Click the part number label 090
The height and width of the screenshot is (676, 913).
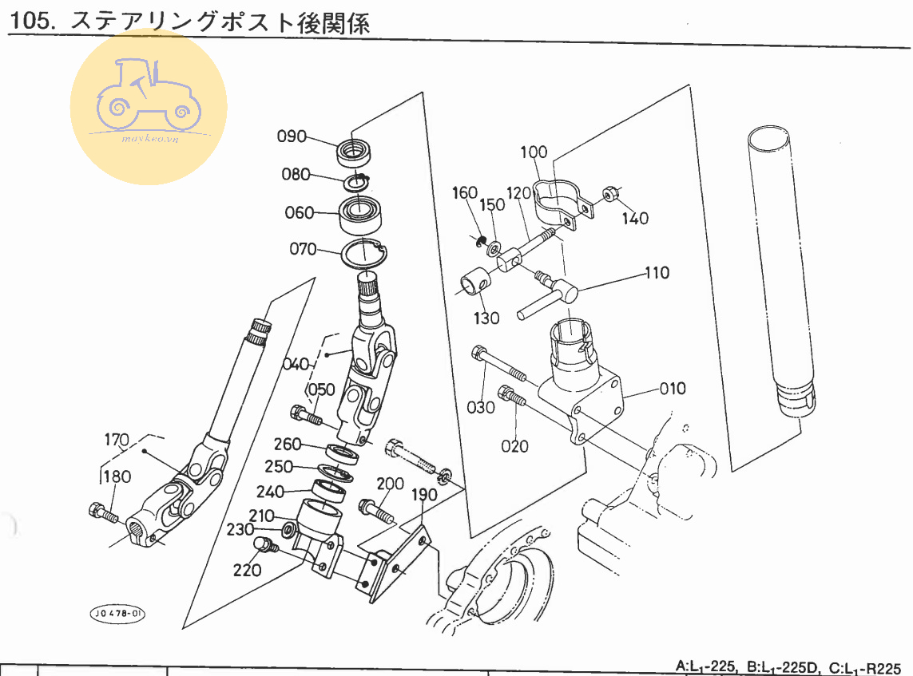292,136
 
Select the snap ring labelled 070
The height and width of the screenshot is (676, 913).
364,255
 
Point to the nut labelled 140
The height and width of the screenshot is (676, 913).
609,195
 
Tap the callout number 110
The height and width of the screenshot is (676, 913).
658,274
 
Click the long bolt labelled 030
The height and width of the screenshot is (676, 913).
499,365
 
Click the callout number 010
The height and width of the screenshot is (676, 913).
673,389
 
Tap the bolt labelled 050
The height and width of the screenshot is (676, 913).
307,415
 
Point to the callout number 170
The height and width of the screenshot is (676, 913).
117,440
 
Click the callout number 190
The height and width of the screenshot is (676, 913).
423,495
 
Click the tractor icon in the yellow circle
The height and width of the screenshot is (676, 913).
147,100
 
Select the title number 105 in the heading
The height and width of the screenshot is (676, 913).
29,22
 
